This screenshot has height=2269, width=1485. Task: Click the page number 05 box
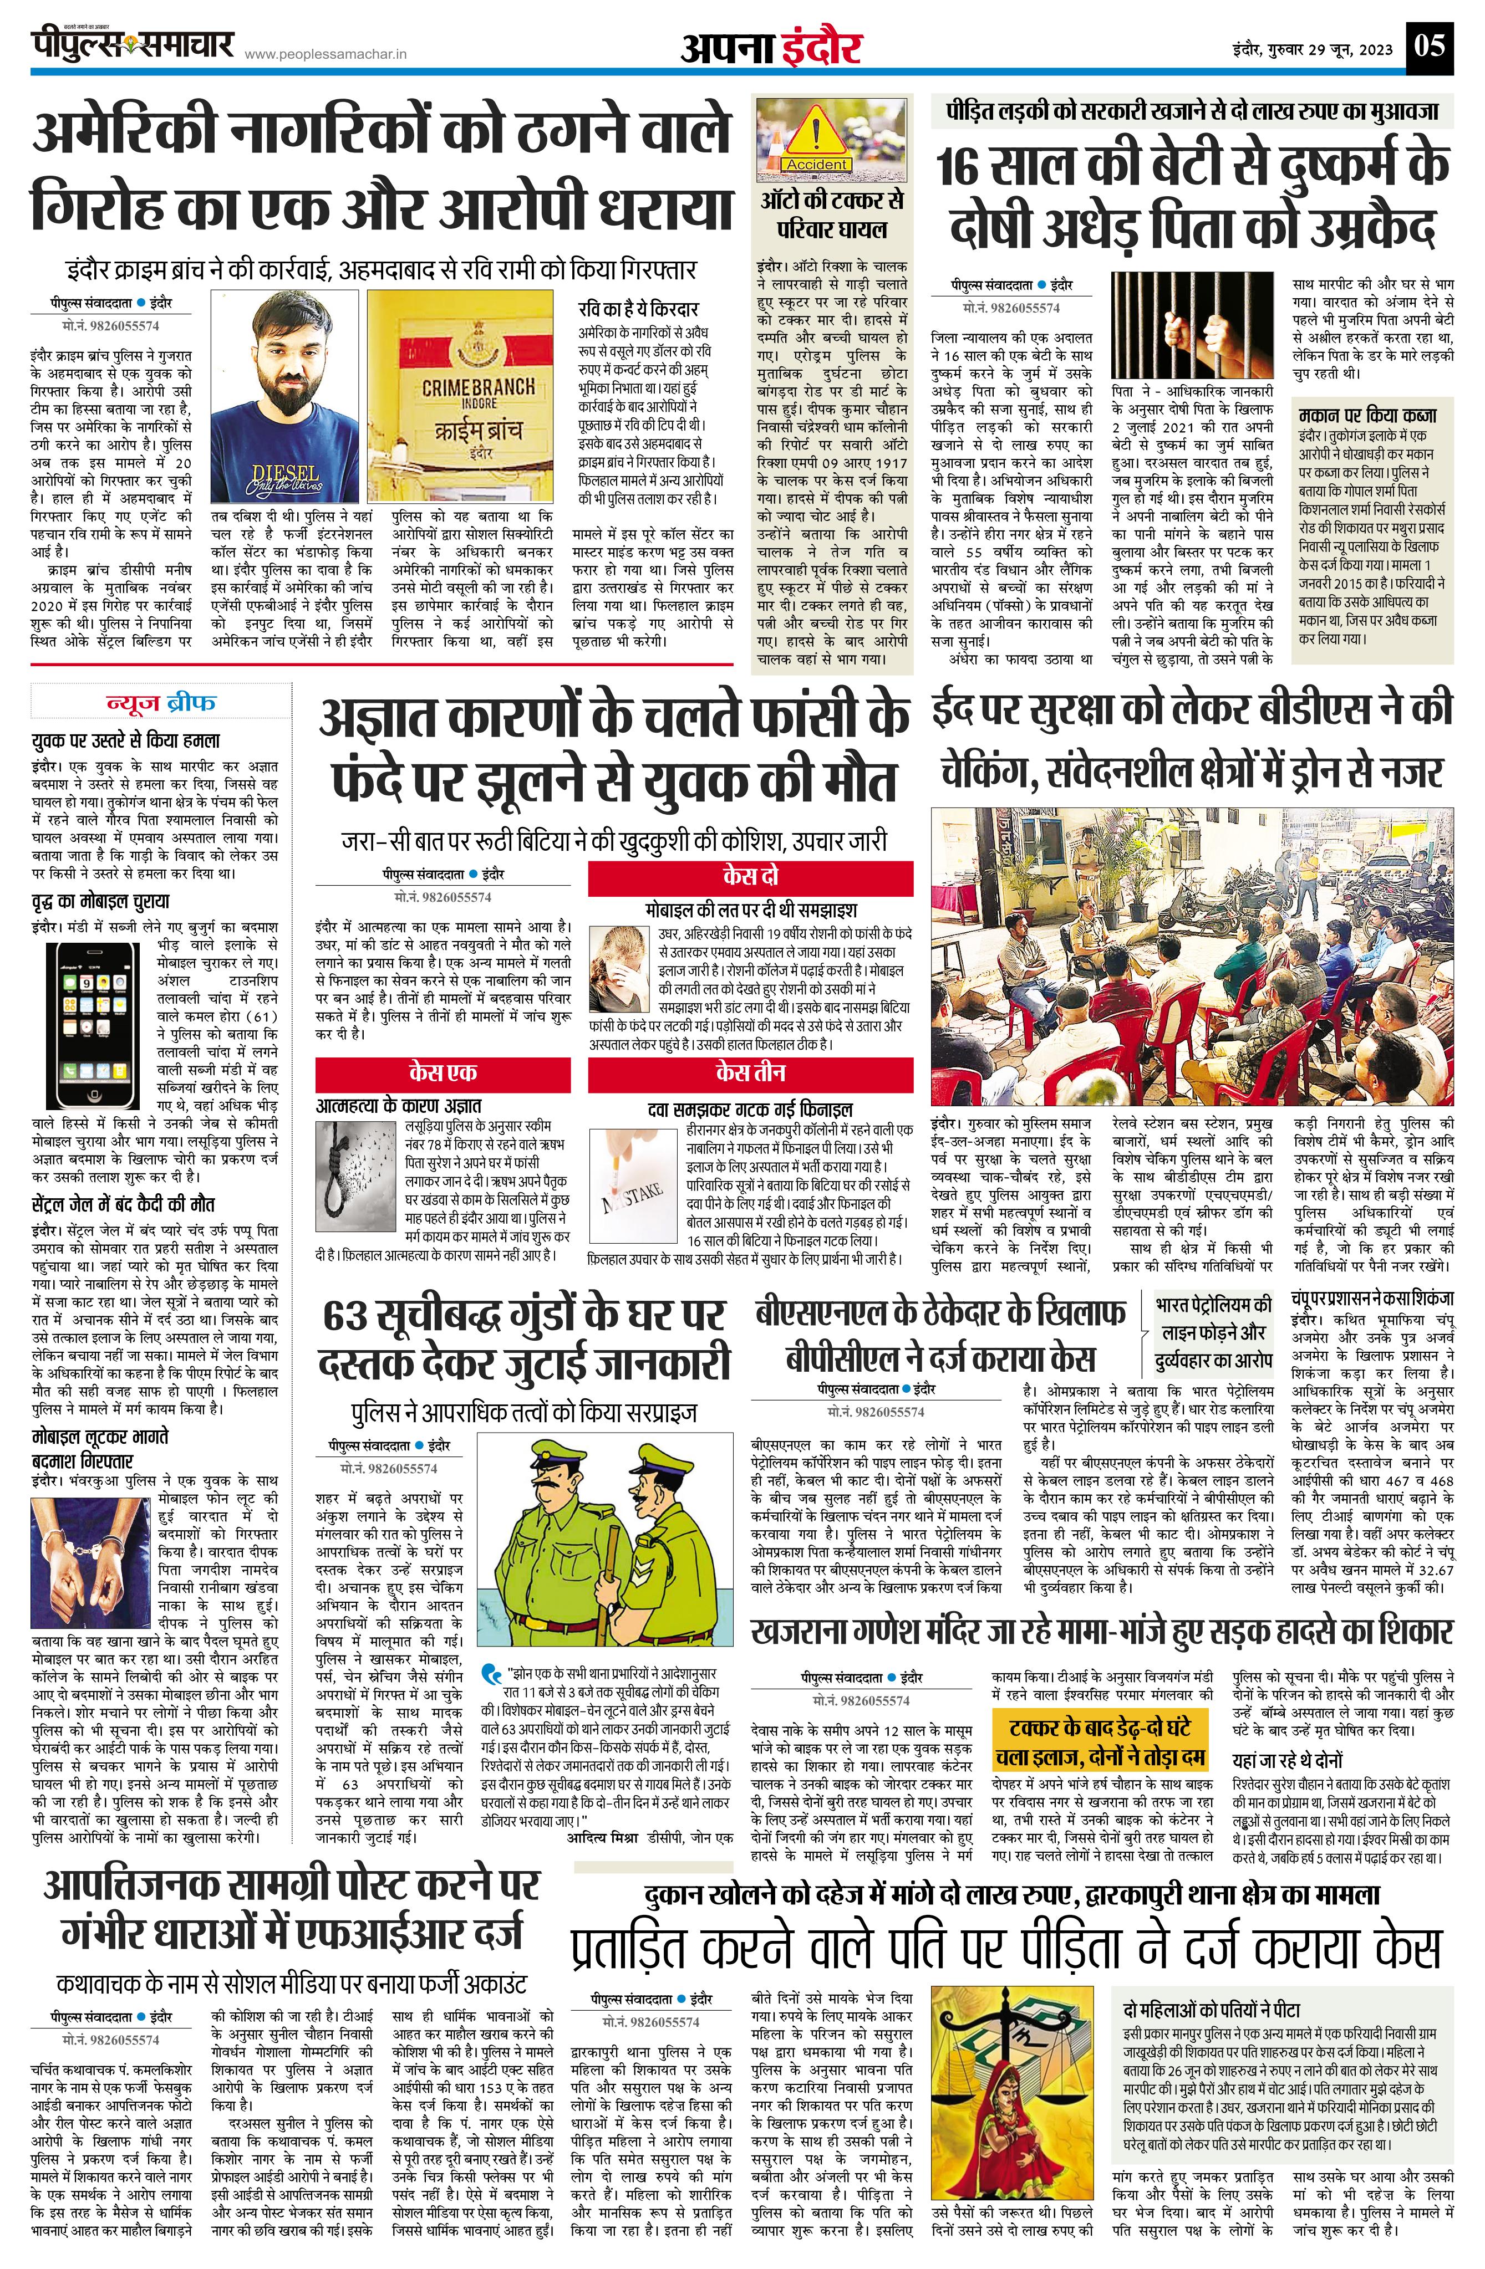1431,46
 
